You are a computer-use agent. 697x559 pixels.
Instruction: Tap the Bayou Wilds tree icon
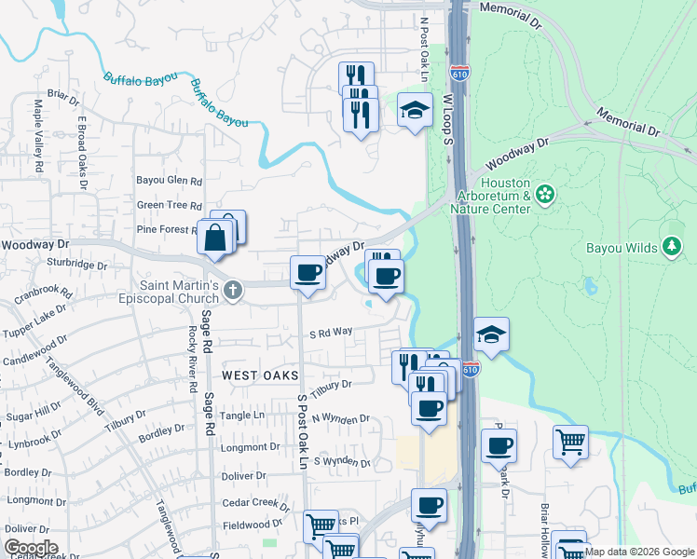[x=671, y=246]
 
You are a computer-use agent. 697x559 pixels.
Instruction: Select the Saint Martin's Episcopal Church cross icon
[x=233, y=292]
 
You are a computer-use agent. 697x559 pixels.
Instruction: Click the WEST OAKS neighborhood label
[x=260, y=375]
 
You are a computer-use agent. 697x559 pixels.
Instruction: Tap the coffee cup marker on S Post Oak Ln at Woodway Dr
[x=308, y=273]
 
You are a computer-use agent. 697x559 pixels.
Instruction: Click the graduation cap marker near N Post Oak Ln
[x=415, y=111]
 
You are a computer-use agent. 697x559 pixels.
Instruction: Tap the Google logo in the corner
[x=31, y=548]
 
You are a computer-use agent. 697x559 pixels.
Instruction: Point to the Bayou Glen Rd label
[x=169, y=181]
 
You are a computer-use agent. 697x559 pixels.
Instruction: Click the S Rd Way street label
[x=332, y=332]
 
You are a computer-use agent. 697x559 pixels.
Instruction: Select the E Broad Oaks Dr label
[x=82, y=153]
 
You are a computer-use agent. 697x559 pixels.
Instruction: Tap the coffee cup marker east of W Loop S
[x=499, y=446]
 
